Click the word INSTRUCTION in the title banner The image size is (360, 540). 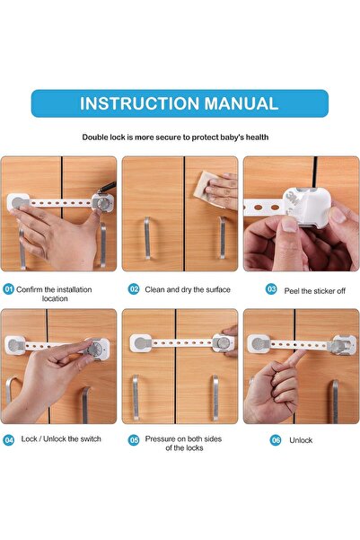click(136, 103)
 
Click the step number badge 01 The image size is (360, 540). click(9, 289)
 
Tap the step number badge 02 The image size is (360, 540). click(134, 289)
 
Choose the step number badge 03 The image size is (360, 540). click(272, 289)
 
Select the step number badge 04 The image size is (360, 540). click(9, 439)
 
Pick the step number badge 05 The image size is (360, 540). click(134, 440)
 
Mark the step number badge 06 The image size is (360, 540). click(276, 440)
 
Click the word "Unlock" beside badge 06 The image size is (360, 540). click(301, 440)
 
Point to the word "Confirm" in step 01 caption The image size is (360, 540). click(36, 289)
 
